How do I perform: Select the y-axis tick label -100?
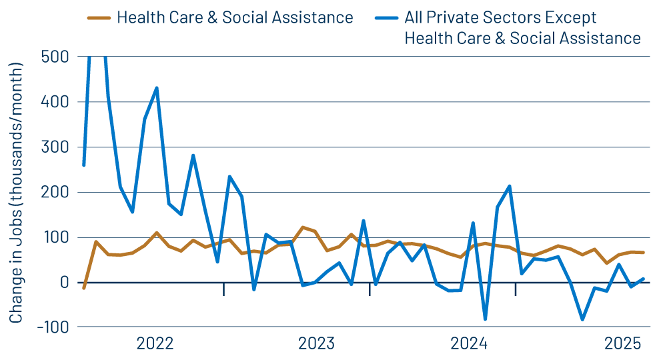[51, 327]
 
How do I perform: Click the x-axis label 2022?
[155, 344]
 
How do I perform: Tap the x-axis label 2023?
[317, 344]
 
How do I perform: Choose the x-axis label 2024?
[469, 344]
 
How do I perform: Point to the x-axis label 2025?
[622, 344]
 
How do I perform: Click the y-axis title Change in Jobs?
[16, 193]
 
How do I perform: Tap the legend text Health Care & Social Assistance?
[235, 18]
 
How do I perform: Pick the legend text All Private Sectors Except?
[500, 18]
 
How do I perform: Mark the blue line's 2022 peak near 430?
[157, 88]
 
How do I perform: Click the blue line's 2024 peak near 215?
[510, 186]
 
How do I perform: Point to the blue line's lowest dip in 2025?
[582, 320]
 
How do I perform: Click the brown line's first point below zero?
[83, 288]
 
